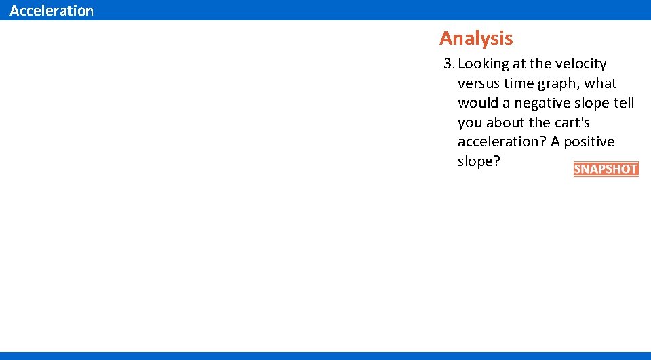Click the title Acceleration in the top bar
[x=52, y=11]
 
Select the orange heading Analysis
[x=476, y=38]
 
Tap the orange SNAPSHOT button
[x=606, y=169]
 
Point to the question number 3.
[x=448, y=64]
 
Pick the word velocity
[x=581, y=64]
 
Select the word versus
[x=479, y=84]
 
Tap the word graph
[x=561, y=84]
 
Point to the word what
[x=601, y=84]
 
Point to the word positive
[x=589, y=142]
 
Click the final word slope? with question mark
[x=479, y=162]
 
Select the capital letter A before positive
[x=556, y=142]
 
